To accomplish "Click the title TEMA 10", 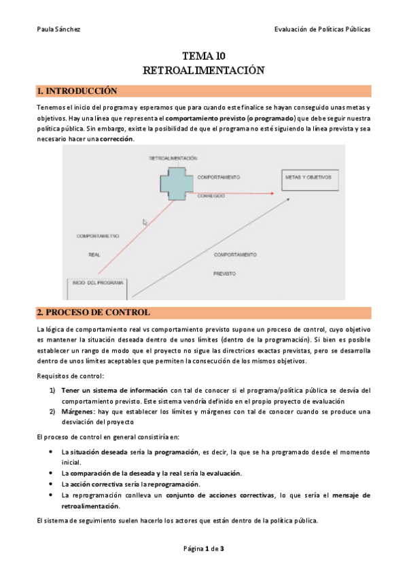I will click(x=204, y=56).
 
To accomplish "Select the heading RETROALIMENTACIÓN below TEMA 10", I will click(x=204, y=70).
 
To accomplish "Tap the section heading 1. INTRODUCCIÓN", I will click(x=77, y=91).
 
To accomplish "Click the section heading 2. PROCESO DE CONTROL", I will click(x=93, y=312).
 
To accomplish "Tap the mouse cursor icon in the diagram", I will click(x=145, y=222).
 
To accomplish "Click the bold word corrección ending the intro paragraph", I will click(x=116, y=139).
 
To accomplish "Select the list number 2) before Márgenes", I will click(x=52, y=411).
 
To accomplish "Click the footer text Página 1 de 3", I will click(x=203, y=548).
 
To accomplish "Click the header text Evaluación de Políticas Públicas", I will click(x=322, y=29).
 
